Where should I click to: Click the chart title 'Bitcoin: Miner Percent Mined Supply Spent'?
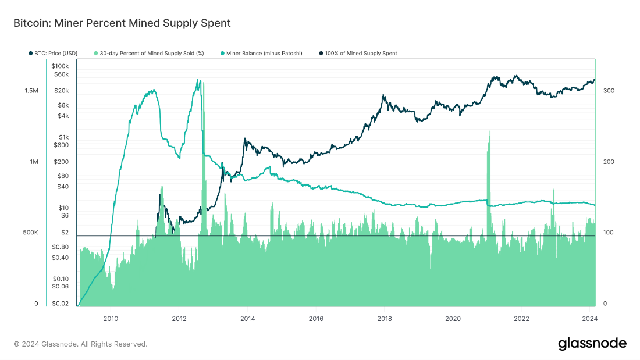122,23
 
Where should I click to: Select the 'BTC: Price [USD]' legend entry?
53,54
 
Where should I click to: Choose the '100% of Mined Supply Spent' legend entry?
358,54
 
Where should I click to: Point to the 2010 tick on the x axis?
111,318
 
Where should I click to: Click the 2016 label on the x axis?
316,318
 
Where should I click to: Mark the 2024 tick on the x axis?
590,318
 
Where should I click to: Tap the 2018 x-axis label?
385,318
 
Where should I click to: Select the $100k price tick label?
61,66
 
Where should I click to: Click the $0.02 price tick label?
61,304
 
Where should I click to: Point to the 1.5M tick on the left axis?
31,91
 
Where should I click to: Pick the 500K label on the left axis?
30,233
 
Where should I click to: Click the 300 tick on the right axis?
609,91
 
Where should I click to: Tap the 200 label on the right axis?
609,162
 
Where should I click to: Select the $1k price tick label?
63,137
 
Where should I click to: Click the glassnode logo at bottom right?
592,343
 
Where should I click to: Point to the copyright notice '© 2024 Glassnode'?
80,344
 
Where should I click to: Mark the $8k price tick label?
63,105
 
